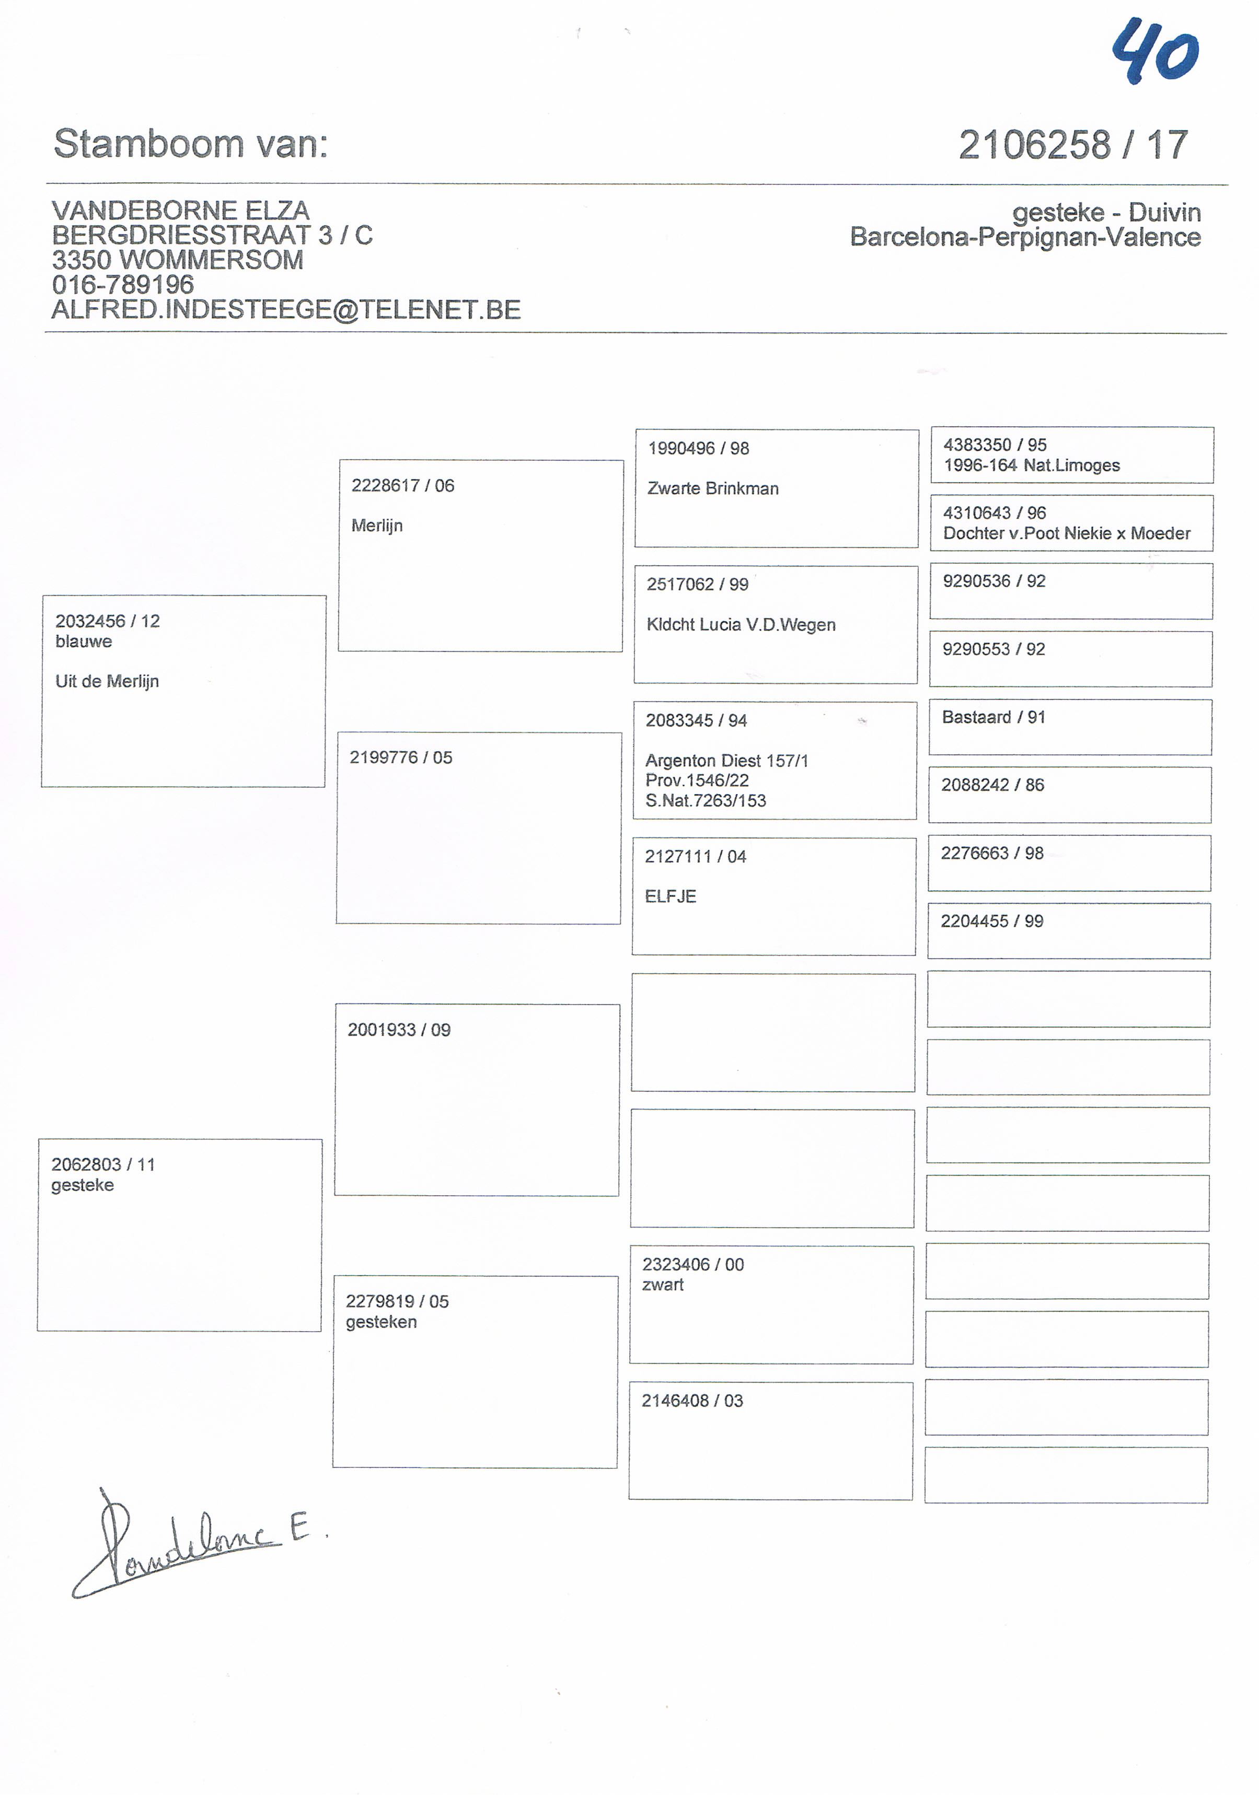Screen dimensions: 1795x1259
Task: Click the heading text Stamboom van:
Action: click(191, 144)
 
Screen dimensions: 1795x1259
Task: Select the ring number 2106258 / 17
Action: click(1073, 145)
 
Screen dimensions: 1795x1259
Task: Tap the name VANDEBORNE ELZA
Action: click(181, 211)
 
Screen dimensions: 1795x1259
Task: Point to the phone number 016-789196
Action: click(123, 285)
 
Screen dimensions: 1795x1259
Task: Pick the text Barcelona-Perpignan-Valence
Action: click(1025, 237)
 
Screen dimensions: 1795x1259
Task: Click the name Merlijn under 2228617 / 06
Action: click(377, 526)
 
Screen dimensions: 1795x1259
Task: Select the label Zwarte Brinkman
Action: click(713, 488)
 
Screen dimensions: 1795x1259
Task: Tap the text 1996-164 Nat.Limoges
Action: click(1032, 465)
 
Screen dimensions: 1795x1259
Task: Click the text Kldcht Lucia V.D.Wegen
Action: click(741, 625)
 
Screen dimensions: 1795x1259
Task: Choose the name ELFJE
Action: click(670, 897)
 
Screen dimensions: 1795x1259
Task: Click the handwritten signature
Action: click(188, 1544)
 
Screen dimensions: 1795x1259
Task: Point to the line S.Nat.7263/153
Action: click(706, 800)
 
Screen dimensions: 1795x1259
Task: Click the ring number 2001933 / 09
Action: click(399, 1030)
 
